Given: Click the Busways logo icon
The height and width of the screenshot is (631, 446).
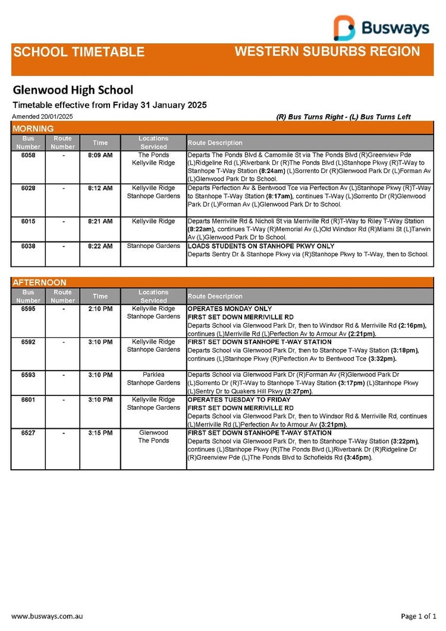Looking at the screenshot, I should (344, 27).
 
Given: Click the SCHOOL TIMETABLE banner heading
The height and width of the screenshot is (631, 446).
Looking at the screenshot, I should (78, 52).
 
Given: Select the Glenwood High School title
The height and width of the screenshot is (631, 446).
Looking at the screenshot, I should (73, 90).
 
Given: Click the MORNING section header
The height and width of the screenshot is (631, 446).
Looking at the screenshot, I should (33, 128).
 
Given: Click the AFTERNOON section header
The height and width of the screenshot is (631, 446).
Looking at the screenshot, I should (39, 282).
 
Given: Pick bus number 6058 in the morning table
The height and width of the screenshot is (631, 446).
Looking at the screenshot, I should (28, 155).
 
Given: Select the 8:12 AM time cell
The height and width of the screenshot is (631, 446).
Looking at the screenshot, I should (100, 188).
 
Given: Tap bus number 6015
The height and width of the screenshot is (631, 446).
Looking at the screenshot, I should (28, 221).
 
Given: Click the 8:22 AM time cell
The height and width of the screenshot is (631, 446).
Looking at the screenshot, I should (100, 246).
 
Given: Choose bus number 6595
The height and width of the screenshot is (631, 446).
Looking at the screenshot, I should (28, 309).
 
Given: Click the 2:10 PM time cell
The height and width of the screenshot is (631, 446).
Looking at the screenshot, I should (100, 309).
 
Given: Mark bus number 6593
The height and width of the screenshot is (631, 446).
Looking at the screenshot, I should (28, 375).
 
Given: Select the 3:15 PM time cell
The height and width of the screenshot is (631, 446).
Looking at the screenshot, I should (100, 433).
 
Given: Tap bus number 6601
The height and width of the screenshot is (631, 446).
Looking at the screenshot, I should (28, 400).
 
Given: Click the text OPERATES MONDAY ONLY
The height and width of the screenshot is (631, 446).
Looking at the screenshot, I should (230, 309).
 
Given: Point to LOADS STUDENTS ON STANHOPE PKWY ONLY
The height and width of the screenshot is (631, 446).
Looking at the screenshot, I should (261, 246).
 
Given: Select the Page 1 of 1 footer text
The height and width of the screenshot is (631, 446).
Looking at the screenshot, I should (419, 616).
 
